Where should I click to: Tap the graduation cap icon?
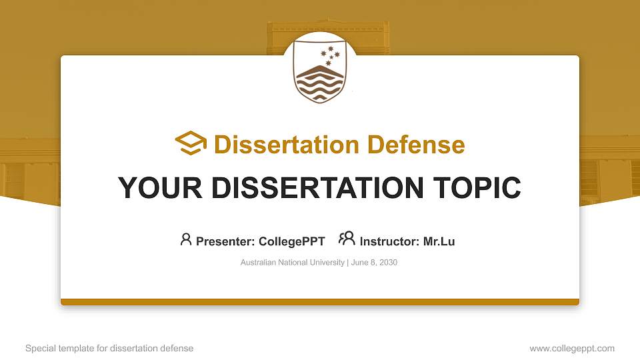coord(191,143)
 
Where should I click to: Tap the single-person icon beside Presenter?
coord(186,239)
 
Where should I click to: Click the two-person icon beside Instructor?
coord(347,239)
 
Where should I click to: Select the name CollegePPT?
coord(292,241)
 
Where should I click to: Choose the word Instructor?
coord(390,241)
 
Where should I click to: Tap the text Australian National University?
coord(292,263)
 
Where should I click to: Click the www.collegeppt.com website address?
coord(572,348)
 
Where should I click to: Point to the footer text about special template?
coord(109,348)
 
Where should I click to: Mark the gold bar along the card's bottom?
coord(320,302)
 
